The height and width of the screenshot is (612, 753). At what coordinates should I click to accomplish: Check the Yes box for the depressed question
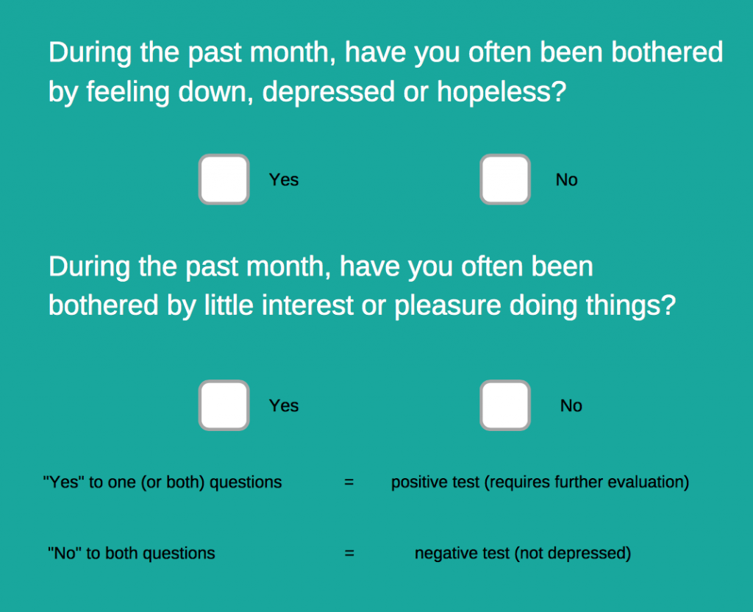click(x=224, y=179)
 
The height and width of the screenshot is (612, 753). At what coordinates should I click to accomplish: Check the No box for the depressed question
click(x=505, y=179)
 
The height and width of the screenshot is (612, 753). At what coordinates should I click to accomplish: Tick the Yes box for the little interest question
click(x=224, y=405)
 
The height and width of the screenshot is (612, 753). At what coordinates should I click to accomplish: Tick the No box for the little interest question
click(x=505, y=405)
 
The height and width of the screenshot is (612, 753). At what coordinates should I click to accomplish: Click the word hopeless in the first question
click(x=502, y=91)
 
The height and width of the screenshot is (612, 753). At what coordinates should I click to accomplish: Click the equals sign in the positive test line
click(x=349, y=483)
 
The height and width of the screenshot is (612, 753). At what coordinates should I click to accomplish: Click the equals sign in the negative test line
click(x=349, y=553)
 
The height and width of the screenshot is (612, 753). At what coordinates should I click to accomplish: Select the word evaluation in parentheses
click(x=649, y=483)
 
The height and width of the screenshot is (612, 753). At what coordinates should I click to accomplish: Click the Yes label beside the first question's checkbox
click(x=284, y=179)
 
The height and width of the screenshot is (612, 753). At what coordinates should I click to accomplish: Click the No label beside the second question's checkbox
click(x=571, y=406)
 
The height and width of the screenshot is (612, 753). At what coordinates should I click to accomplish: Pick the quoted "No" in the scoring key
click(x=64, y=553)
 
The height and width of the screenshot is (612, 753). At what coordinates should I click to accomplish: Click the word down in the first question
click(x=215, y=91)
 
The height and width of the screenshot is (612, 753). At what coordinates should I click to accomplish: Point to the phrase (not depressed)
click(x=572, y=554)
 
